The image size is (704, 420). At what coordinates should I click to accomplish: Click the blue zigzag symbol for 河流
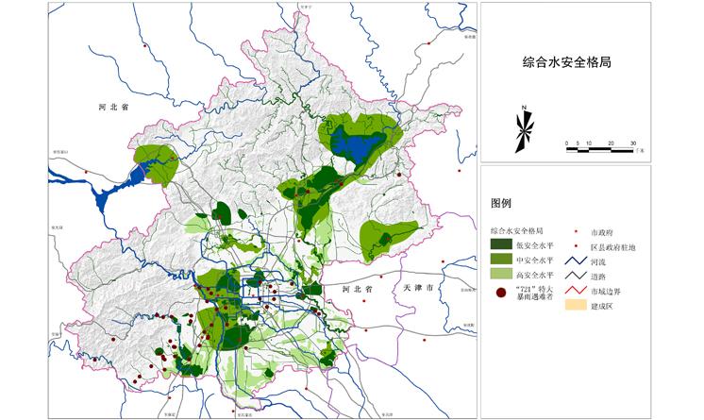click(576, 261)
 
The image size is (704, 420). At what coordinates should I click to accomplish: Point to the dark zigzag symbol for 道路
click(576, 277)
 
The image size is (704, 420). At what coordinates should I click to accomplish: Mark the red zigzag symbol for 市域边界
click(576, 292)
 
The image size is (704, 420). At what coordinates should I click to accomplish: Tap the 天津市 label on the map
click(416, 286)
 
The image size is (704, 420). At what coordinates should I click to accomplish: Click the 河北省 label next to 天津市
click(360, 288)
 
